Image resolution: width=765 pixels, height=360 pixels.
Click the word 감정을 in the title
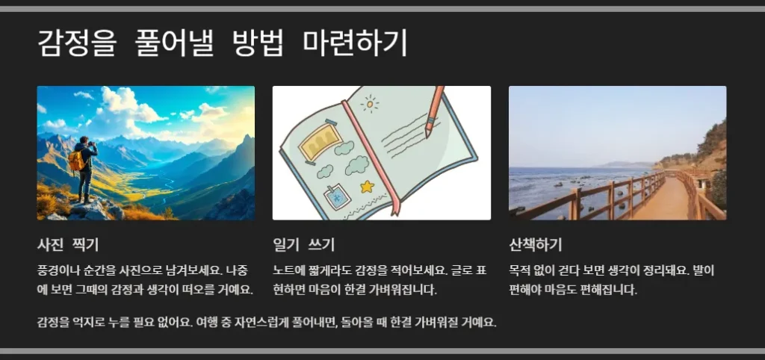point(77,43)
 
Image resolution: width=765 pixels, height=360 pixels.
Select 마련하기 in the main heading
point(355,43)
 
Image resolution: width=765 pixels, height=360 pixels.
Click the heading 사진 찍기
point(68,244)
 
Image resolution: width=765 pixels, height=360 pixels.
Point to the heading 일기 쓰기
point(303,244)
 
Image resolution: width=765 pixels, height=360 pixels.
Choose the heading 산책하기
point(535,244)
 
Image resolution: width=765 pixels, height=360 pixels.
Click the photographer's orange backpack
point(76,160)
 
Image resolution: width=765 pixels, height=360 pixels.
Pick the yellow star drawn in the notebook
point(366,187)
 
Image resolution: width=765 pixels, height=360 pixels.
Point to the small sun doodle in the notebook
point(370,104)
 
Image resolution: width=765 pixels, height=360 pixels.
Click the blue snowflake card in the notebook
point(337,197)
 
